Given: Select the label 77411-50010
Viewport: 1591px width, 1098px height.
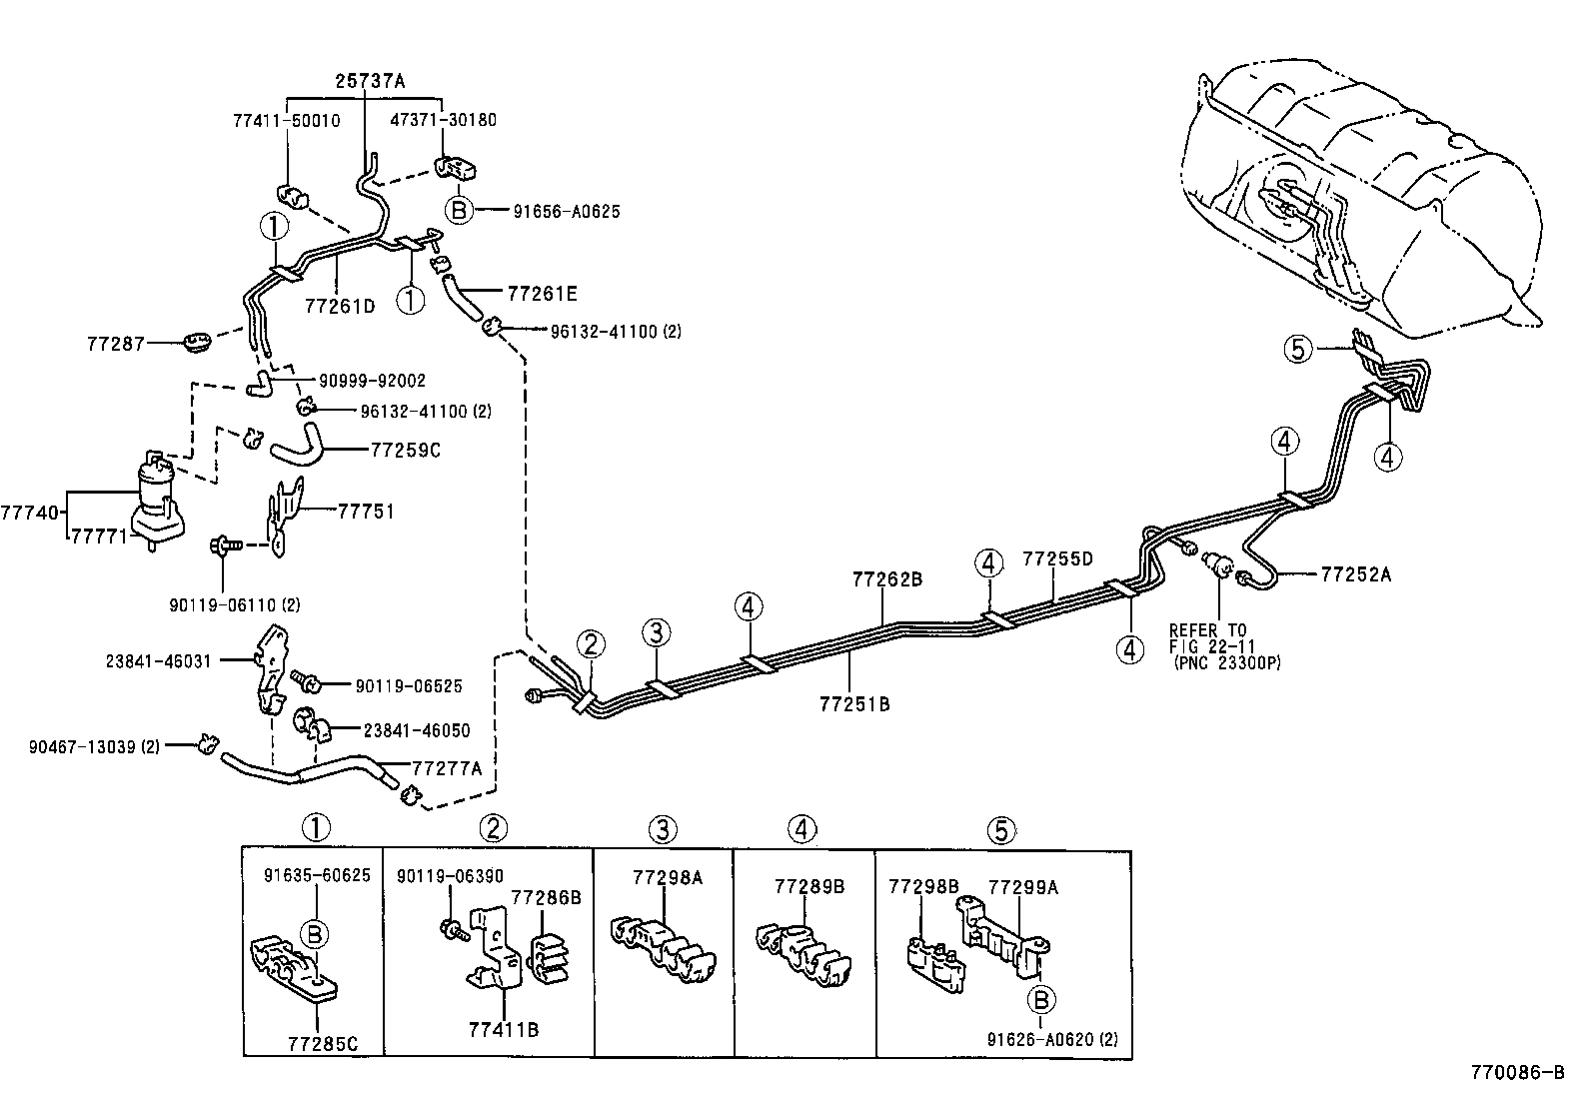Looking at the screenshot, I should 286,120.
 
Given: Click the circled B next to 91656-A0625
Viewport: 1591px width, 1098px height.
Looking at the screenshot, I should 458,211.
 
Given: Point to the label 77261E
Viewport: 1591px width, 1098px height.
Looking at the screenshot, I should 543,294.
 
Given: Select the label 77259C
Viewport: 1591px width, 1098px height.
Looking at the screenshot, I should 405,451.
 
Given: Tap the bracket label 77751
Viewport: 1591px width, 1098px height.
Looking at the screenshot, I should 366,512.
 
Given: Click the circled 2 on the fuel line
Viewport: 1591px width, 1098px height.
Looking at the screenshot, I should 591,644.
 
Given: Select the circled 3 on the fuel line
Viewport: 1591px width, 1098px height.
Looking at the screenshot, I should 656,631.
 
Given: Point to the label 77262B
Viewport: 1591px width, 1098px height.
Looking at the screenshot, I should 886,578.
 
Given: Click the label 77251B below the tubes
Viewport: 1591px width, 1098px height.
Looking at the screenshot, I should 854,703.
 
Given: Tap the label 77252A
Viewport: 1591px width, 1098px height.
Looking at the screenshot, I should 1355,574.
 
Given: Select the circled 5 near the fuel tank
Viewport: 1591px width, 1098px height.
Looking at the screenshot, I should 1297,349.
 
